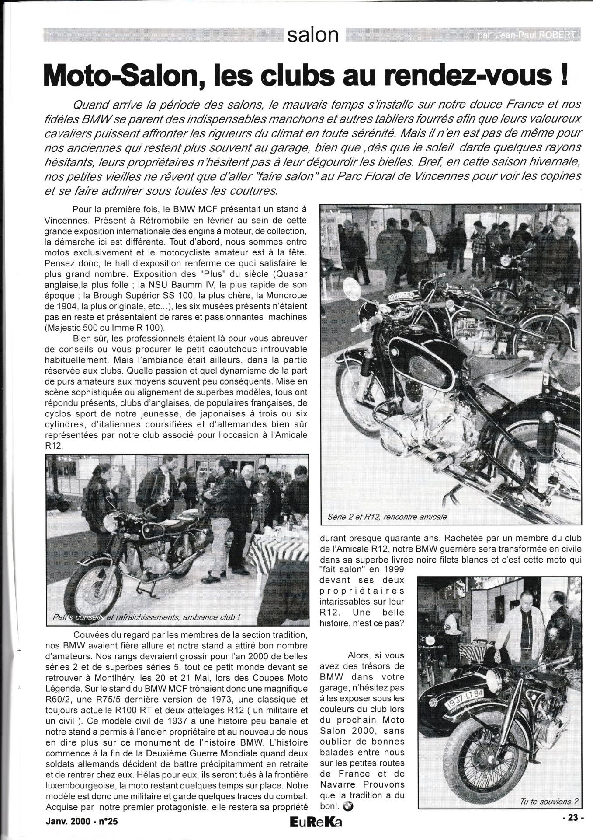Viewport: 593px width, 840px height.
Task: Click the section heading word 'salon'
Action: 312,35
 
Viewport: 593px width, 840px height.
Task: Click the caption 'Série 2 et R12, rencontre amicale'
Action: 387,517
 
